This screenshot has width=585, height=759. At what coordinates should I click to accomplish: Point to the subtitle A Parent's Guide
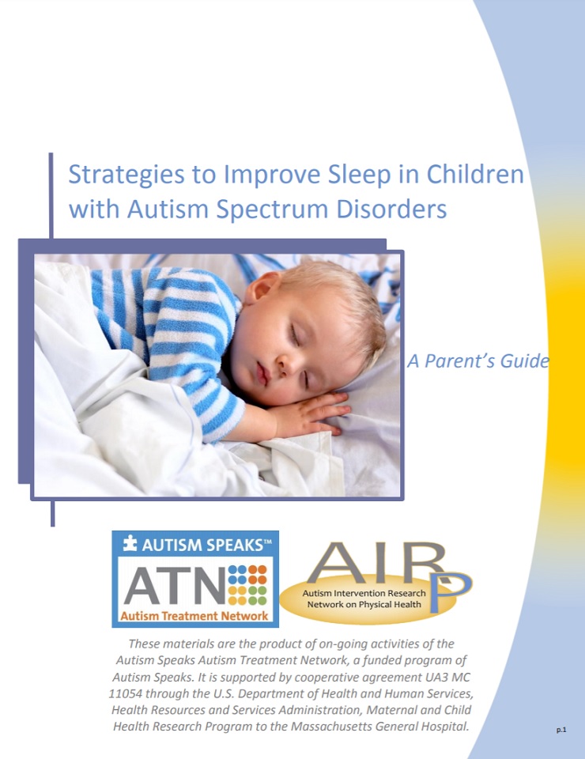pos(478,361)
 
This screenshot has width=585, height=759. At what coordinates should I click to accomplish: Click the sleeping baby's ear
pos(264,286)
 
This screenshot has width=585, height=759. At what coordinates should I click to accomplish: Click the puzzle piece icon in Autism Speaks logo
pos(130,544)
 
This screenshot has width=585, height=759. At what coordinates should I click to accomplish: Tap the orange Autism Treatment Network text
pos(194,616)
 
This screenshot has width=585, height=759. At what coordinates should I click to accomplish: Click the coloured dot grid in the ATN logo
pos(247,585)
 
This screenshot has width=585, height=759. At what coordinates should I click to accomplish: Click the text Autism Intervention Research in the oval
pos(364,593)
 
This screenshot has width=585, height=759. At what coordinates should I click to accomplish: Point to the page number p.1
pos(560,730)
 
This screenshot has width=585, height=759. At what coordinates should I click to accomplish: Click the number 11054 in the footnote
pos(126,693)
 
